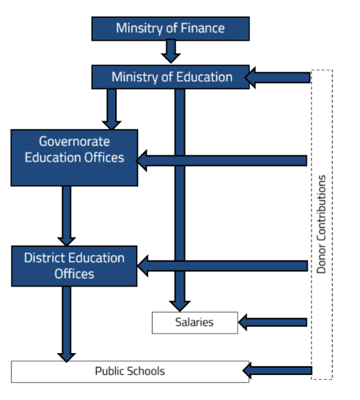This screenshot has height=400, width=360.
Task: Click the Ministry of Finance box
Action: [x=170, y=28]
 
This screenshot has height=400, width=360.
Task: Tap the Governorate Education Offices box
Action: [x=74, y=158]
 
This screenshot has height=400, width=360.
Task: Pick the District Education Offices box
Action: [x=74, y=266]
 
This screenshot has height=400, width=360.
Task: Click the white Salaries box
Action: [x=195, y=323]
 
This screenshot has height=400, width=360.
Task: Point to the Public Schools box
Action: [x=130, y=371]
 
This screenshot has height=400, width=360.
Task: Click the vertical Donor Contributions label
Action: [x=322, y=224]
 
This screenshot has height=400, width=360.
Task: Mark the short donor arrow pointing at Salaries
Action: [x=273, y=323]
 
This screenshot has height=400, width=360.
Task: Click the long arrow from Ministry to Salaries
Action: [x=179, y=196]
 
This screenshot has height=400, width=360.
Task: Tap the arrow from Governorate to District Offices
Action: [x=67, y=216]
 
